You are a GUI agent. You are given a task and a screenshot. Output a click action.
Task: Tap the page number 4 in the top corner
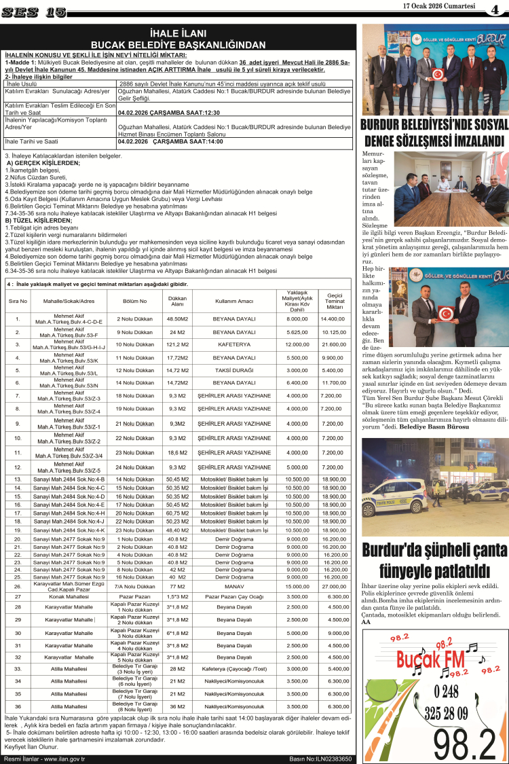point(497,10)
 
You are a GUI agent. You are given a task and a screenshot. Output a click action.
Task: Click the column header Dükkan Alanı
point(177,301)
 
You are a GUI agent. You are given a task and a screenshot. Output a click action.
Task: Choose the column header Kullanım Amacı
point(234,300)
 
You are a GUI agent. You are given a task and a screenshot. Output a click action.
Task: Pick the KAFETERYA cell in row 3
point(234,344)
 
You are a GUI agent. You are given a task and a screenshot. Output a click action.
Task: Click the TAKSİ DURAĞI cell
point(234,370)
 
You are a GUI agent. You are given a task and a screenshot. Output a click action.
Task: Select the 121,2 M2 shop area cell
point(177,344)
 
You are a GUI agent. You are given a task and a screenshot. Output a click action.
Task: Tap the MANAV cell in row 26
point(234,585)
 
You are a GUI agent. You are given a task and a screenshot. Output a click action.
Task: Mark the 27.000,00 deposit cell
point(335,585)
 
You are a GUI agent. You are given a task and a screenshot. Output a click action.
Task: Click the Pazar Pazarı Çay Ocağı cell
point(234,596)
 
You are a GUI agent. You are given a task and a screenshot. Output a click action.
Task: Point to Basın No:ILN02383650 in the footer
point(320,759)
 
